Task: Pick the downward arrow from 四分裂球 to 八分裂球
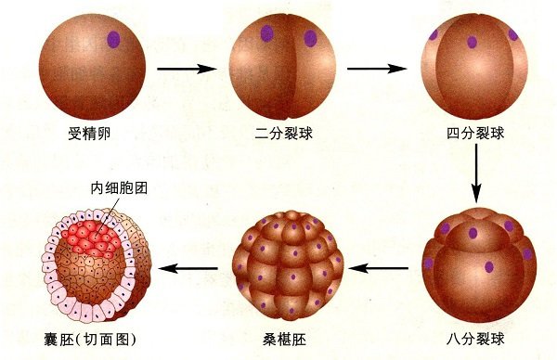tap(476, 172)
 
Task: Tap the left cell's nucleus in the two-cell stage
tap(266, 34)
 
